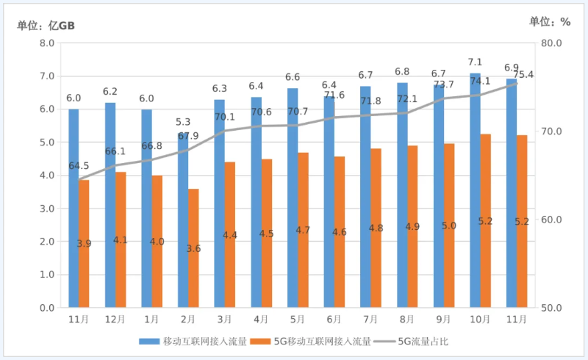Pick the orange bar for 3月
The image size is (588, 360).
230,234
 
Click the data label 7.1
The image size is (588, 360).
475,62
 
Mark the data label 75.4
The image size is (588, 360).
523,75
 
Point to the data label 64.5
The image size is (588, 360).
79,166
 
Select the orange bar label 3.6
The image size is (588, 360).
193,249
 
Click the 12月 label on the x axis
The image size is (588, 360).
115,320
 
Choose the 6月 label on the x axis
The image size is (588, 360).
334,320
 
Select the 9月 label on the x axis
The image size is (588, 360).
443,320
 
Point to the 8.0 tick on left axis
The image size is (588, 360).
46,43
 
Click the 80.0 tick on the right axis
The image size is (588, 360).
551,43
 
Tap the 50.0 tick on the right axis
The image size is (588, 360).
551,308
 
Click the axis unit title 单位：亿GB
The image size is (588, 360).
46,25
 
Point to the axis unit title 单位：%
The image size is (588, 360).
550,22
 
